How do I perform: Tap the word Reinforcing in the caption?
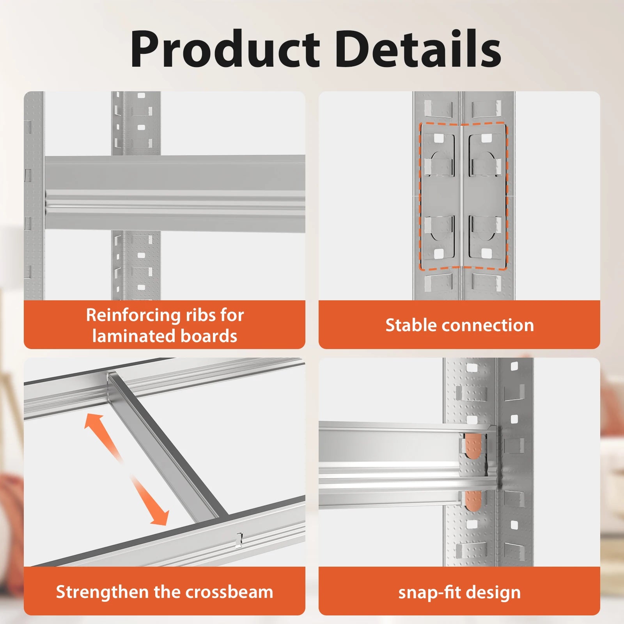(x=131, y=315)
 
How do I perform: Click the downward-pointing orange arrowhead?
(x=160, y=517)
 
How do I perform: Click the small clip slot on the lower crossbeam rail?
(x=239, y=540)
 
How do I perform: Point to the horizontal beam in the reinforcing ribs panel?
(x=175, y=193)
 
